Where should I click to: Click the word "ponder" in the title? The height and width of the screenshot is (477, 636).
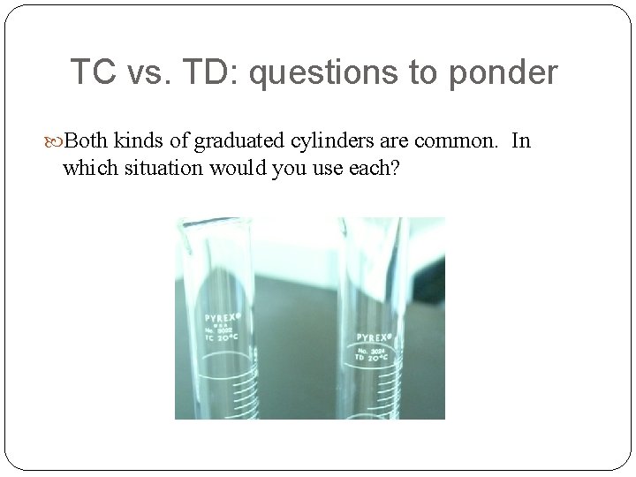(503, 72)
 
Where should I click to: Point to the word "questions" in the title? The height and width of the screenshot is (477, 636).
(323, 72)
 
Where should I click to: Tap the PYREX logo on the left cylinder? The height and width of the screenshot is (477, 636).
(224, 315)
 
